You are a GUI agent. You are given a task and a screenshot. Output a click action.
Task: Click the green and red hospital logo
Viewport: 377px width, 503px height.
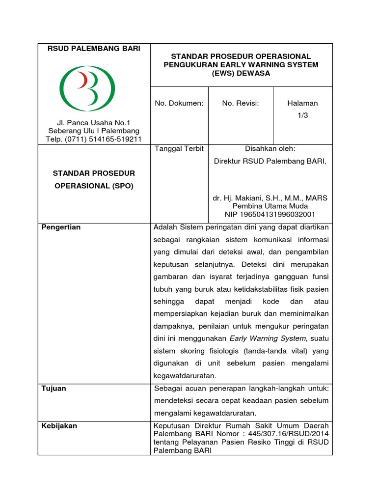pos(87,88)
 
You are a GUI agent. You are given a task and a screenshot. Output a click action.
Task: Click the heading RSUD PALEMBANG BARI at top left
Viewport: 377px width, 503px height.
pos(93,48)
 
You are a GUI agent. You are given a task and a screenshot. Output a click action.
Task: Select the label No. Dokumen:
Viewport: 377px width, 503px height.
pos(179,103)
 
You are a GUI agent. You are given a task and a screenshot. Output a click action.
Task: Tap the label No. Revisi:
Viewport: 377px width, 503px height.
pos(240,103)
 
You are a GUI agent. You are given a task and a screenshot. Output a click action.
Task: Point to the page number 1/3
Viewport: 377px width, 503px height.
pos(302,115)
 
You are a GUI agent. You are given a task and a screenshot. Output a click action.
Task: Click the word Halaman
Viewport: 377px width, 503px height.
pos(302,103)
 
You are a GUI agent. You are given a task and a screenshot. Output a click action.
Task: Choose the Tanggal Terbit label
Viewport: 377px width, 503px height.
pos(179,148)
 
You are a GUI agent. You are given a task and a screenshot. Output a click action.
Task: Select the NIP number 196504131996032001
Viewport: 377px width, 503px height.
pos(270,214)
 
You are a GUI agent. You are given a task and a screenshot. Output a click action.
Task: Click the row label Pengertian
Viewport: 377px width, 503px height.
pos(61,227)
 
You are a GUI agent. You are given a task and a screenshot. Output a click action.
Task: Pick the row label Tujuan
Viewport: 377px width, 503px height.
pos(54,388)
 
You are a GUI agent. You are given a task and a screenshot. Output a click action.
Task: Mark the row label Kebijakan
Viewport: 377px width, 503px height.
pos(59,426)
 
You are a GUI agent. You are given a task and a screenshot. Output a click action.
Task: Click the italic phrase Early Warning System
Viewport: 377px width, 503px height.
pos(268,338)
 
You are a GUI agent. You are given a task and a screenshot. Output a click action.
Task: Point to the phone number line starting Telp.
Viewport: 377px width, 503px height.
pos(93,139)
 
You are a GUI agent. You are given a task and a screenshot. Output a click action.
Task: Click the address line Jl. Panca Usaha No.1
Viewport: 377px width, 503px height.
pos(93,122)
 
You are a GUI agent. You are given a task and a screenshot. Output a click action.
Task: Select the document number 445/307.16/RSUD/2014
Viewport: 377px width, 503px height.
pos(289,434)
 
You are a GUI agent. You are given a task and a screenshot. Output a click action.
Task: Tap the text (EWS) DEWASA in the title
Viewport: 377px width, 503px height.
pos(241,73)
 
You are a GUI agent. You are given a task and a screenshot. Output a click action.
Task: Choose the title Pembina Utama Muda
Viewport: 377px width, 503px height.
pos(270,206)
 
